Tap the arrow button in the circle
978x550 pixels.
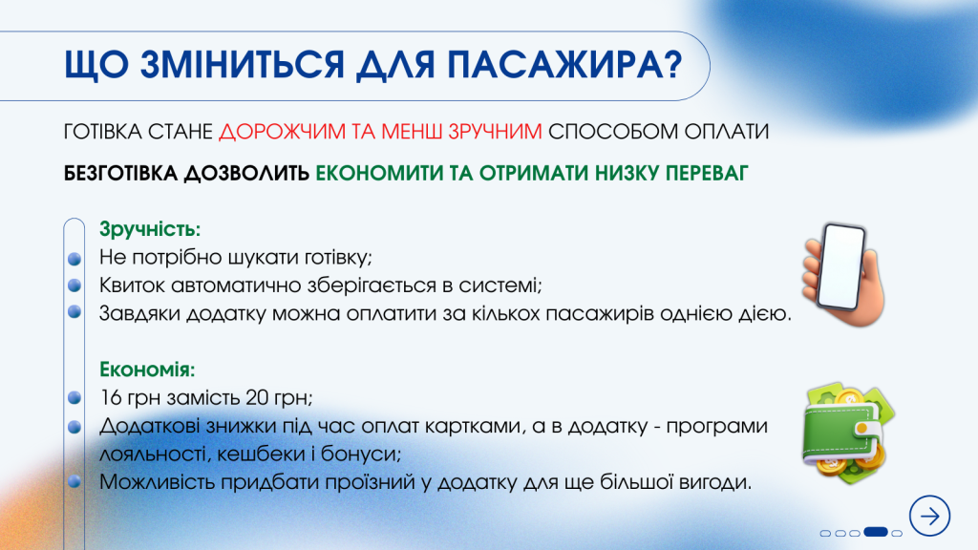tap(929, 516)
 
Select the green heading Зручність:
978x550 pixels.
tap(150, 230)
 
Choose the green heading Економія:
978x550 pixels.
tap(147, 369)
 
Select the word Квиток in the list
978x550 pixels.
tap(129, 285)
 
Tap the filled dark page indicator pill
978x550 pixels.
tap(876, 532)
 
